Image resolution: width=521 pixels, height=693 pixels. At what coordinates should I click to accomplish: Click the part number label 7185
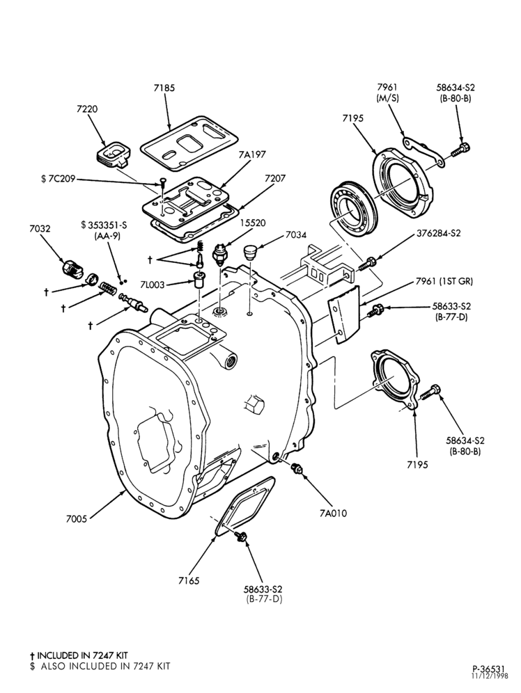tap(164, 88)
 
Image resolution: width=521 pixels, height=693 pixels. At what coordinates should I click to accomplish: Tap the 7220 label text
tap(87, 109)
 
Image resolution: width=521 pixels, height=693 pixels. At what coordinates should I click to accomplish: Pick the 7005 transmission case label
tap(77, 519)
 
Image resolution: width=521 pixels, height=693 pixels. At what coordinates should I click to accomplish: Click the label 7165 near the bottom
tap(189, 581)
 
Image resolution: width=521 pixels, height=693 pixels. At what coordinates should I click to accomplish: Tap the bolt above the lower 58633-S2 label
tap(242, 537)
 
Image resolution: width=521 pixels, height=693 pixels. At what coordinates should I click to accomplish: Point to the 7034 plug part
tap(250, 253)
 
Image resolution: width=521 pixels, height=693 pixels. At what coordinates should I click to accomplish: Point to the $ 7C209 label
tap(58, 179)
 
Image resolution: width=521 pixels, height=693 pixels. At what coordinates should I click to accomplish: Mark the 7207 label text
tap(275, 179)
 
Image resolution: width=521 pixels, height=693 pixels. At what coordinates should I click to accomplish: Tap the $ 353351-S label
tap(104, 225)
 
